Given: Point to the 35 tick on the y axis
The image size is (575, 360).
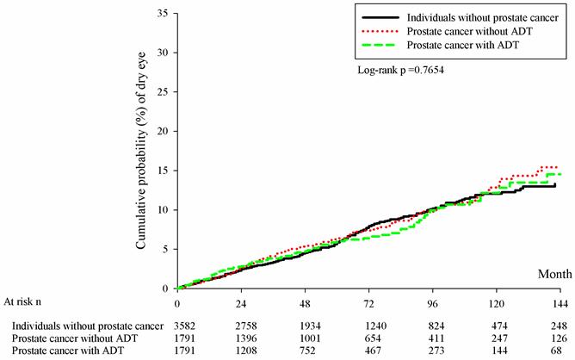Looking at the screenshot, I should [x=164, y=13].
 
